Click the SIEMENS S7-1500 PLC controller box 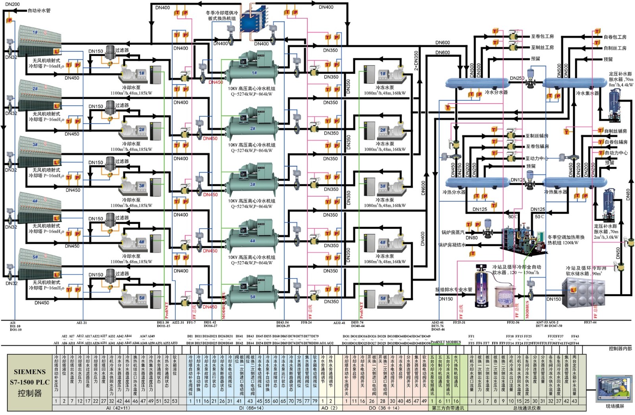tap(30, 382)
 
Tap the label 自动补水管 tap(39, 10)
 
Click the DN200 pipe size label tap(12, 4)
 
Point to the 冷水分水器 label tap(496, 92)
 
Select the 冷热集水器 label tap(555, 192)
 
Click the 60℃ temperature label tap(513, 217)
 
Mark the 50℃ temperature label tap(539, 217)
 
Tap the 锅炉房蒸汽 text tap(453, 232)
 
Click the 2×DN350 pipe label tap(416, 61)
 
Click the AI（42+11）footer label tap(118, 408)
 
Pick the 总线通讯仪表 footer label tap(527, 408)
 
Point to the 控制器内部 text tap(620, 348)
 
